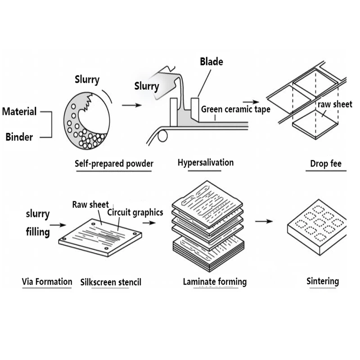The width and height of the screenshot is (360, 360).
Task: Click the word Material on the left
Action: pos(19,111)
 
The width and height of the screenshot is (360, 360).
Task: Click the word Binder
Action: pos(19,137)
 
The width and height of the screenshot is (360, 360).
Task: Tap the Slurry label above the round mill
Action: pos(87,81)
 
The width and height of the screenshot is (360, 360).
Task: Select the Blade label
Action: pos(211,62)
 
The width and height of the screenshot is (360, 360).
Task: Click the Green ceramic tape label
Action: pos(235,109)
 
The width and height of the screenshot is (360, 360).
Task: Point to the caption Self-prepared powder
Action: pos(113,164)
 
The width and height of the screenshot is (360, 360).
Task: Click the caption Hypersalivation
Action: pos(206,162)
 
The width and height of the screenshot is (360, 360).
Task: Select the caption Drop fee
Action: pos(326,163)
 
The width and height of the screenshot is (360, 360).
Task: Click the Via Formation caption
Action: pos(47,282)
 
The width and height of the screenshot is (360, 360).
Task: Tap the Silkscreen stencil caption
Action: pos(111,283)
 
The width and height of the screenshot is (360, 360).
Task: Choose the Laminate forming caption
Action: pos(215,282)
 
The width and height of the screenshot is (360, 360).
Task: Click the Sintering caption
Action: pos(322,282)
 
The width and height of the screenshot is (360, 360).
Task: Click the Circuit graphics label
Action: pos(135,212)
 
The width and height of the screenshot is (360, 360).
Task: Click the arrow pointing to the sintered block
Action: pos(264,221)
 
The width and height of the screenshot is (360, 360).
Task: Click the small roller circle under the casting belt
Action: pos(163,134)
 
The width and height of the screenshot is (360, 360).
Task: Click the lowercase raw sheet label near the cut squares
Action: pos(335,104)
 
